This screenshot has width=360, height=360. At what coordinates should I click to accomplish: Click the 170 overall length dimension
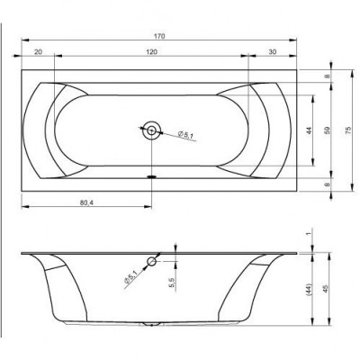[x=159, y=36]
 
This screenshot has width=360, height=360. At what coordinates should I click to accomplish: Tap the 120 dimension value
[x=152, y=52]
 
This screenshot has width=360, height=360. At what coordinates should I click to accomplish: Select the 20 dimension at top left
[x=38, y=52]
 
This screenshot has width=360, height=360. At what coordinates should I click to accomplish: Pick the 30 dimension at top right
[x=272, y=52]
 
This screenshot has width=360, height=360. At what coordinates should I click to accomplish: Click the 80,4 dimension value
[x=86, y=202]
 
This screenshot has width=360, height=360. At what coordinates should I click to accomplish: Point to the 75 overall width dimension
[x=347, y=130]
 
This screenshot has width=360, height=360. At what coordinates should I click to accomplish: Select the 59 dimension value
[x=328, y=130]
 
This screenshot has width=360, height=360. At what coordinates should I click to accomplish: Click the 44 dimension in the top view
[x=310, y=130]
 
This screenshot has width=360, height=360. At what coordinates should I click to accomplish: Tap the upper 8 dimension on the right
[x=328, y=76]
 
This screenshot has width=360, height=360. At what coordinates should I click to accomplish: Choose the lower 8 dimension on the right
[x=328, y=184]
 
